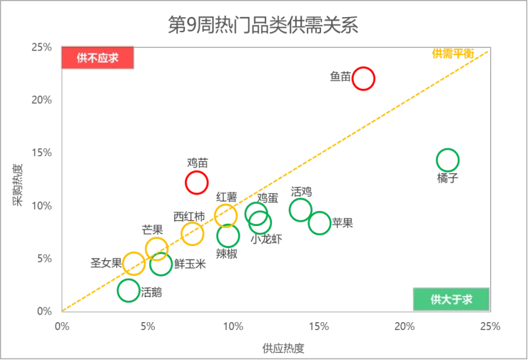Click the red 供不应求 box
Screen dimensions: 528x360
(98, 58)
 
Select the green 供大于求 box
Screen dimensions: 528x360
(452, 299)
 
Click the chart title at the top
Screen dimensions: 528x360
(263, 24)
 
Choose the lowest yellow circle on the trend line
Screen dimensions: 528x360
(133, 263)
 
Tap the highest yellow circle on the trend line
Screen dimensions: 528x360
(225, 215)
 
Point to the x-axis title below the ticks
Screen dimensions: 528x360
(282, 348)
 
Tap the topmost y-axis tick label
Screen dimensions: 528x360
(41, 46)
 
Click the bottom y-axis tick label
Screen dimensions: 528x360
(44, 310)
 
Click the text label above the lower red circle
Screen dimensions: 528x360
(195, 160)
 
